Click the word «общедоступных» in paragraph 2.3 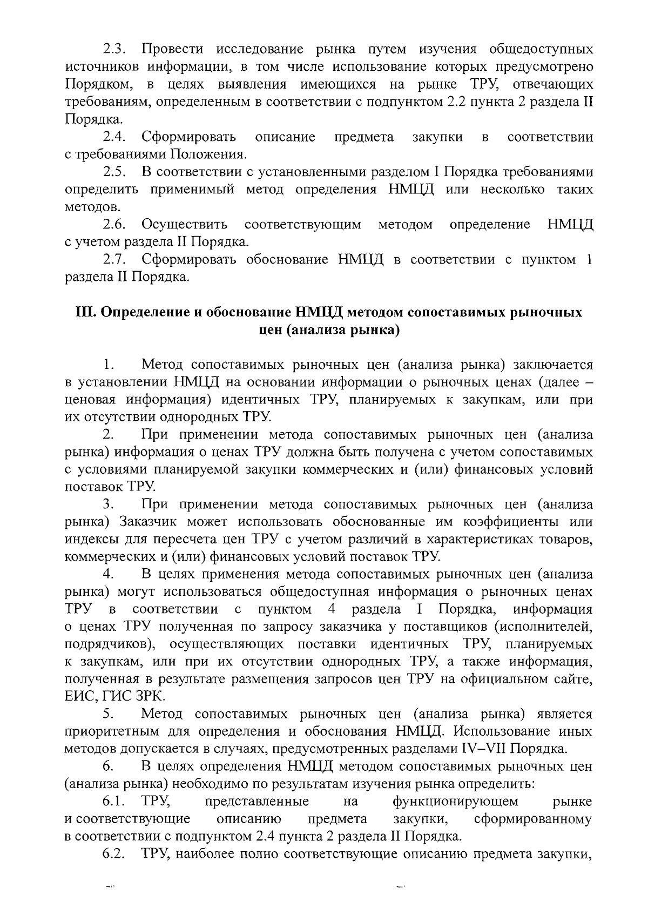pos(541,50)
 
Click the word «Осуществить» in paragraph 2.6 pos(184,225)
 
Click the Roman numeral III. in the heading pos(85,313)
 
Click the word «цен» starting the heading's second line pos(273,330)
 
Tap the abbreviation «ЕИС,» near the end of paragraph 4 pos(77,697)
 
